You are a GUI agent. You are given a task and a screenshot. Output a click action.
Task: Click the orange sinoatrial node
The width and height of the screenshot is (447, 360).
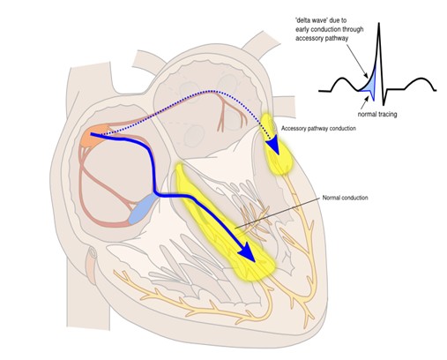(x=94, y=137)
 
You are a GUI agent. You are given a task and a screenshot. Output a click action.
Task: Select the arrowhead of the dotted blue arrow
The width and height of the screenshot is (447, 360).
(x=273, y=146)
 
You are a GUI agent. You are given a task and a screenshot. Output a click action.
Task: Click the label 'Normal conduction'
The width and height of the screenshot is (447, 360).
(x=345, y=198)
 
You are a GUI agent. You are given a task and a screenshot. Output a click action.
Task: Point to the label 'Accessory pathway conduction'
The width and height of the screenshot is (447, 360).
(x=318, y=129)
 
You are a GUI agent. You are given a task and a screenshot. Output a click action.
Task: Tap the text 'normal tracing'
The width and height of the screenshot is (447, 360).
(x=377, y=114)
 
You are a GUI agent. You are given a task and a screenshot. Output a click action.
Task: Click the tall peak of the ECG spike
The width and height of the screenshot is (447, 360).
(x=379, y=24)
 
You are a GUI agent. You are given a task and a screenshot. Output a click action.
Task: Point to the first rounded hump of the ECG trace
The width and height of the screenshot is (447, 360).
(x=342, y=79)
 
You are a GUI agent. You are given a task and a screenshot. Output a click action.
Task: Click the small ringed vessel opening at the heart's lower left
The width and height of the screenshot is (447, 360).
(x=93, y=252)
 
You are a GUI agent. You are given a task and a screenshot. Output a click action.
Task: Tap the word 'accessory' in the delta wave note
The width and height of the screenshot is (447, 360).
(x=309, y=39)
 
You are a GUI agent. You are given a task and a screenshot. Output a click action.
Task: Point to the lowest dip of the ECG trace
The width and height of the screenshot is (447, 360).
(x=384, y=104)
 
